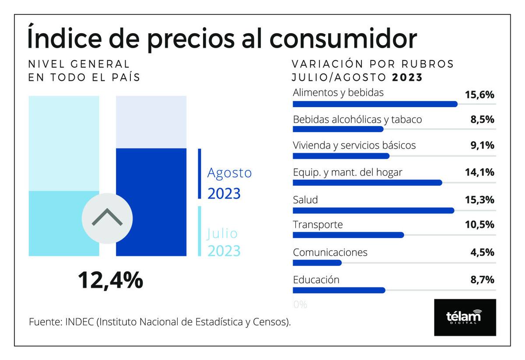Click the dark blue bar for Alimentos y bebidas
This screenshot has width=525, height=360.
click(374, 104)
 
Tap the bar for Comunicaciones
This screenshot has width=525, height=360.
click(317, 263)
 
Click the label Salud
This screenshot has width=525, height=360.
click(305, 200)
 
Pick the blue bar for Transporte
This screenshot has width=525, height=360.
click(348, 235)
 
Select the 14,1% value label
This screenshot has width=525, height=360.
click(479, 172)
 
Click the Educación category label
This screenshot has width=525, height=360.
click(316, 280)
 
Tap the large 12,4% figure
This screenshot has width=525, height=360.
click(110, 280)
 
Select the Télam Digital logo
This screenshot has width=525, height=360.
click(465, 317)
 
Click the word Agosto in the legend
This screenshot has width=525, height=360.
click(229, 172)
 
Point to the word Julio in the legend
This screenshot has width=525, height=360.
click(222, 233)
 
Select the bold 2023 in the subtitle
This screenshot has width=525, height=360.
click(407, 78)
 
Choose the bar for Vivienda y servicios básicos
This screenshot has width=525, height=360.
click(340, 156)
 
